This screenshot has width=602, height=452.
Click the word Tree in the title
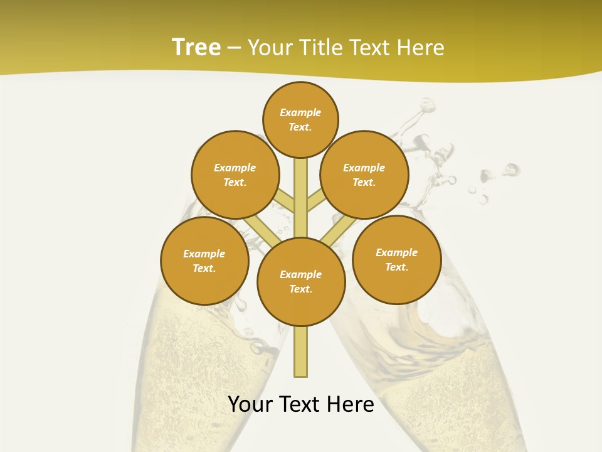coord(196,47)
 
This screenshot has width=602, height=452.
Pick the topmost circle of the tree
coord(300,119)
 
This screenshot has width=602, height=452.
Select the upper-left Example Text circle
coord(235,175)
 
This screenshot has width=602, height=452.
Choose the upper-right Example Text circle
coord(364,175)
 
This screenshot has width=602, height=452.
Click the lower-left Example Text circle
coord(204,261)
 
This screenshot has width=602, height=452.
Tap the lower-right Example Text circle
coord(396,259)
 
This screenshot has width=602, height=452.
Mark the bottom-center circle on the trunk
coord(301,282)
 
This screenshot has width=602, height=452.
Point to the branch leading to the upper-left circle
coord(285,202)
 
